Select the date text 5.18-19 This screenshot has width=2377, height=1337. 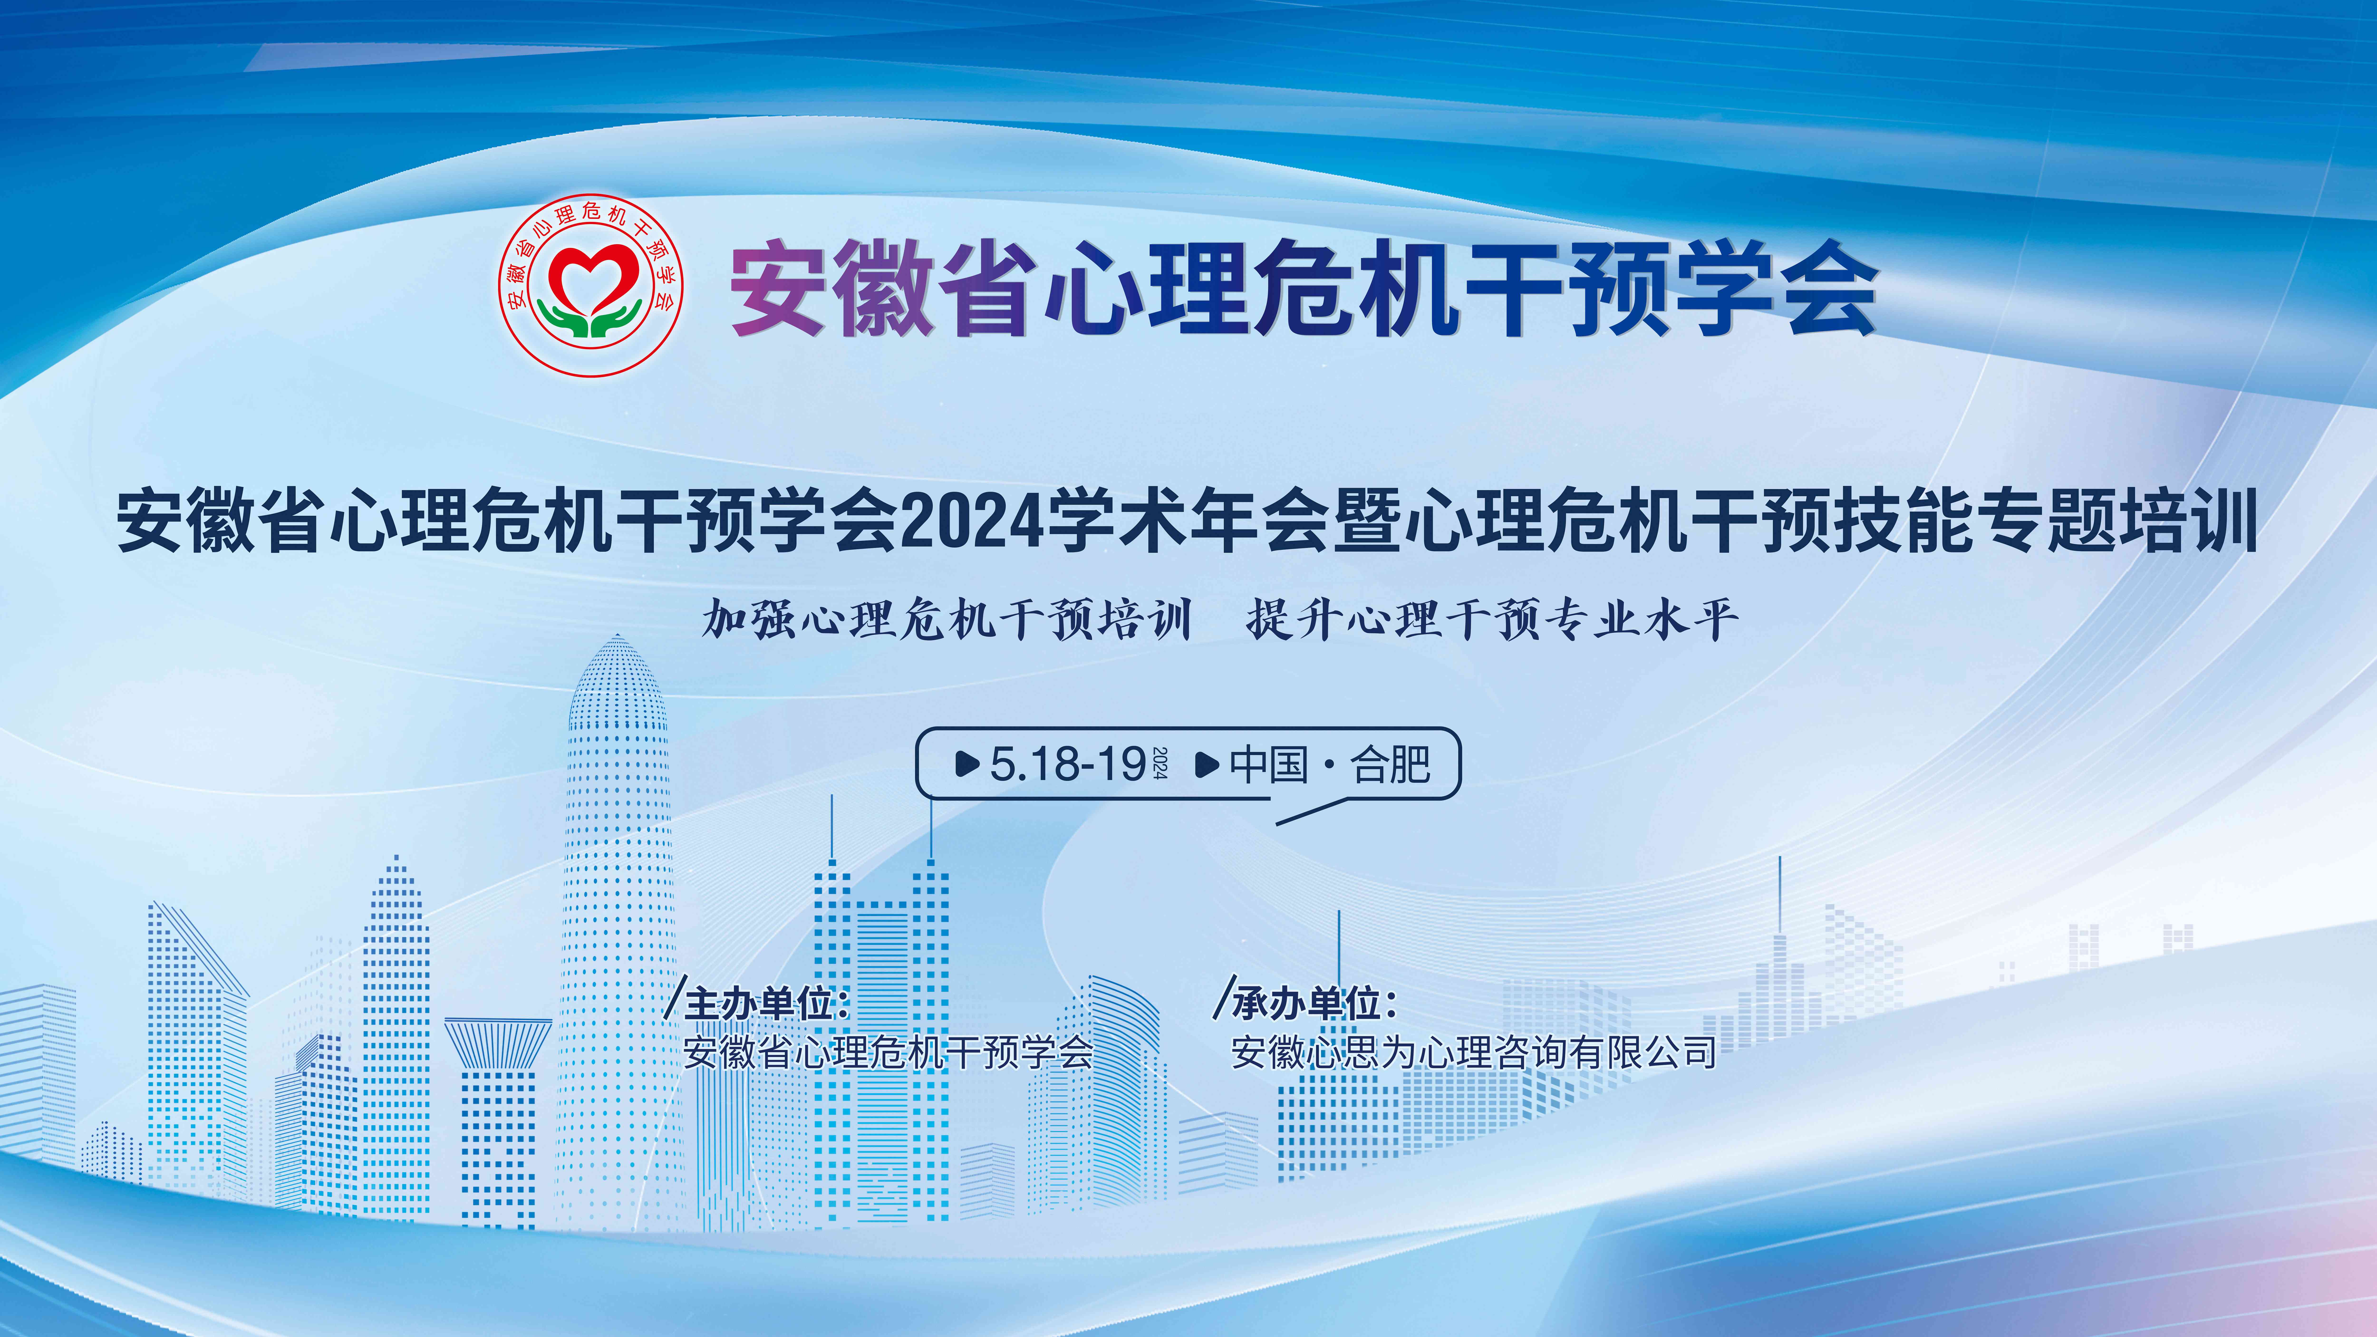pos(1068,764)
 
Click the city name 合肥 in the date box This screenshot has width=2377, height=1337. pos(1391,764)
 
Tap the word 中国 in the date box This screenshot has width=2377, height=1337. pos(1269,764)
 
